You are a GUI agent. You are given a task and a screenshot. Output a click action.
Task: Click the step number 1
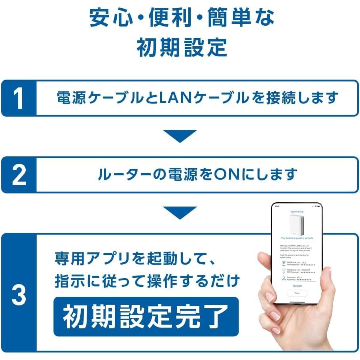pos(19,98)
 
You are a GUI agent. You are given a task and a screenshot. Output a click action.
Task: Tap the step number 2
pos(19,175)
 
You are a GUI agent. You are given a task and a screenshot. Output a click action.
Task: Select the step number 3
pos(19,295)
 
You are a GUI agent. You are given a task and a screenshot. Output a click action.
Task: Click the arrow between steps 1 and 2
pos(180,136)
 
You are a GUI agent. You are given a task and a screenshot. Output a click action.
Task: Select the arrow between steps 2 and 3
pos(180,213)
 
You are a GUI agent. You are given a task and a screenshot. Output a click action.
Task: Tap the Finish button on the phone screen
pos(297,293)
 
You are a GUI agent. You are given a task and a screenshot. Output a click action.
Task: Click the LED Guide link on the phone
pos(297,285)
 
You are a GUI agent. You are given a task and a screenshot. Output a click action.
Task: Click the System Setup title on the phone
pos(297,212)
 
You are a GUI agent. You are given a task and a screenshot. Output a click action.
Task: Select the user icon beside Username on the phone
pos(283,278)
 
